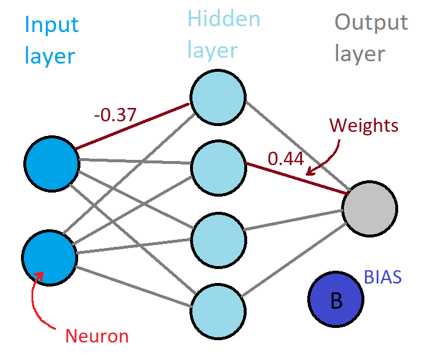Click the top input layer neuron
[x=51, y=164]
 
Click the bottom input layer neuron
[x=50, y=257]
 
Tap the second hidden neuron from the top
[x=218, y=169]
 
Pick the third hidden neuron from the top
[x=218, y=240]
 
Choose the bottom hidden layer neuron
[x=217, y=310]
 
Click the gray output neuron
[x=370, y=209]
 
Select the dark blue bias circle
[x=335, y=299]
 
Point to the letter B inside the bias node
[x=336, y=300]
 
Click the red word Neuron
[x=96, y=336]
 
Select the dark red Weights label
[x=364, y=125]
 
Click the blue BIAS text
[x=382, y=277]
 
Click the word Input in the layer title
[x=51, y=25]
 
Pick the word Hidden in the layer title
[x=223, y=19]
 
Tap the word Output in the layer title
[x=371, y=23]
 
